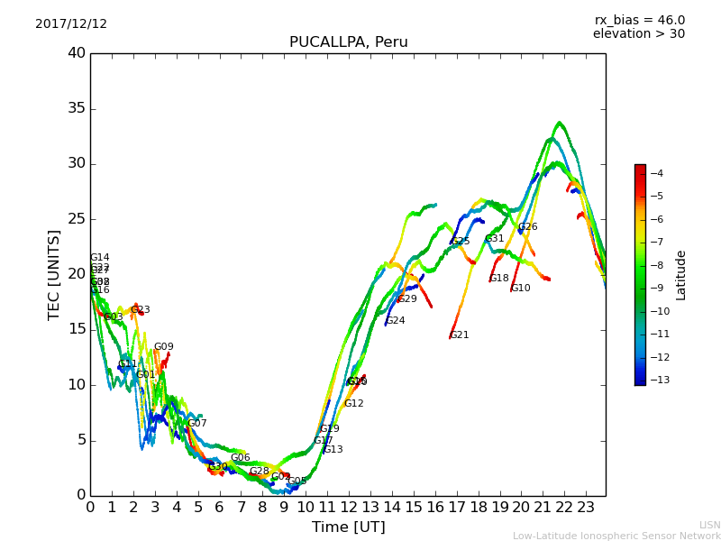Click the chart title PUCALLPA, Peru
348,42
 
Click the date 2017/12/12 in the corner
71,24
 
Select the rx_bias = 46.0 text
639,21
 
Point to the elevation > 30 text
638,34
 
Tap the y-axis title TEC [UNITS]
54,274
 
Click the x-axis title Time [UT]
348,527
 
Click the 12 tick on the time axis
349,507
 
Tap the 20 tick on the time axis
521,507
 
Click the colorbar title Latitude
681,274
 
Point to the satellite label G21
460,335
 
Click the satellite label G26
527,227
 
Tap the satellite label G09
163,347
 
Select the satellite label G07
197,424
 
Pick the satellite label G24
395,321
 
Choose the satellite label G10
521,289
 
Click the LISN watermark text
709,525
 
